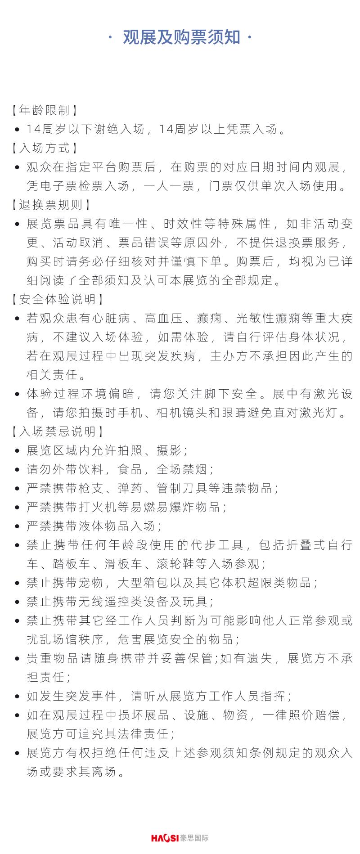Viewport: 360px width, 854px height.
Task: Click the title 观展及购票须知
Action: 181,38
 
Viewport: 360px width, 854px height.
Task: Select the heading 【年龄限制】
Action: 44,110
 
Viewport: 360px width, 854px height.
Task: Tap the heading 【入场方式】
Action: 44,148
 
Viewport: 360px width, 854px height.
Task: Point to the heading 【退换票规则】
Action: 50,205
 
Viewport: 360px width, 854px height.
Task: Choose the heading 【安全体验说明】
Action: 57,299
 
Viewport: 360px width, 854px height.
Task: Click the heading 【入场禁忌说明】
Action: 57,431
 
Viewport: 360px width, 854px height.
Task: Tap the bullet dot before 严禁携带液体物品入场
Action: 17,526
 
